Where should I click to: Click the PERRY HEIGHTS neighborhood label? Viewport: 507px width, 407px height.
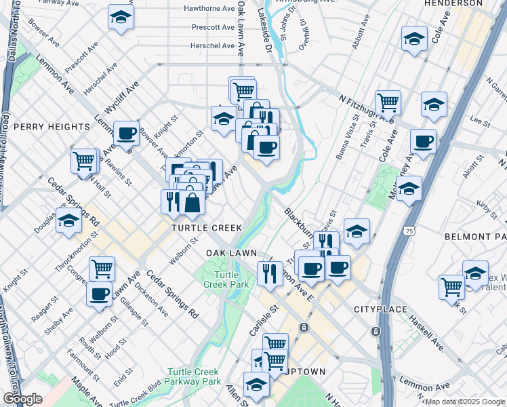(52, 127)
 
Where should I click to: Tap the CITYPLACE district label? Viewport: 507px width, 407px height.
(380, 309)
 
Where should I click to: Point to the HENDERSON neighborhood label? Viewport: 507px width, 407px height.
(453, 3)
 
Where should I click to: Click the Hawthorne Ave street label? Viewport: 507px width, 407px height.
(209, 9)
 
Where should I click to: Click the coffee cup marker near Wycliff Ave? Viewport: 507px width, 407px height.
(127, 134)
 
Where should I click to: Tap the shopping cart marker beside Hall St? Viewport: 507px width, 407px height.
(84, 162)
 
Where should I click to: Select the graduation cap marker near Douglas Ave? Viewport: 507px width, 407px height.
(68, 221)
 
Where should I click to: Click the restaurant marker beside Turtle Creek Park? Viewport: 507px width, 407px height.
(270, 273)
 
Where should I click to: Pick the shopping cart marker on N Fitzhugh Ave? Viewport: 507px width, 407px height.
(388, 103)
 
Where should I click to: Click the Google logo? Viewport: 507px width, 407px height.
(22, 399)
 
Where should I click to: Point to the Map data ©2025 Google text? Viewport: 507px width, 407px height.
(465, 402)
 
